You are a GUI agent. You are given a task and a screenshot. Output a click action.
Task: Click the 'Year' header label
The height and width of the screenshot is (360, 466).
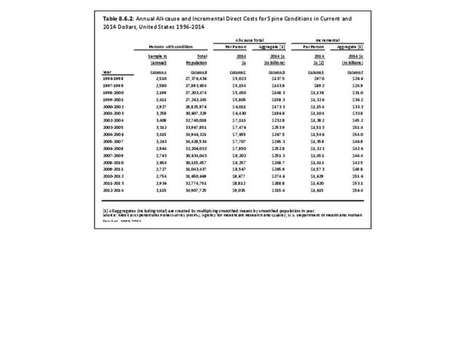tap(107, 72)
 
